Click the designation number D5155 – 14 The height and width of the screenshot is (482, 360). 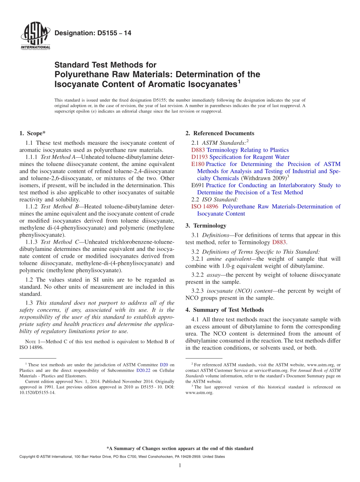pyautogui.click(x=93, y=33)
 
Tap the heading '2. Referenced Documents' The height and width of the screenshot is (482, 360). pyautogui.click(x=220, y=133)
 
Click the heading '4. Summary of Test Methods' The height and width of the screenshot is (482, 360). pyautogui.click(x=225, y=310)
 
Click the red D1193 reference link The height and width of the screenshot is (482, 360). pyautogui.click(x=199, y=157)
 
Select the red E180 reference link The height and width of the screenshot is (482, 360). pyautogui.click(x=198, y=164)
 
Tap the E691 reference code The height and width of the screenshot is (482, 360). pyautogui.click(x=198, y=185)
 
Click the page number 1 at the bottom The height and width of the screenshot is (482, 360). pyautogui.click(x=180, y=465)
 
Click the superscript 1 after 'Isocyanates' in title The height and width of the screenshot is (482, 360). pyautogui.click(x=239, y=81)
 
